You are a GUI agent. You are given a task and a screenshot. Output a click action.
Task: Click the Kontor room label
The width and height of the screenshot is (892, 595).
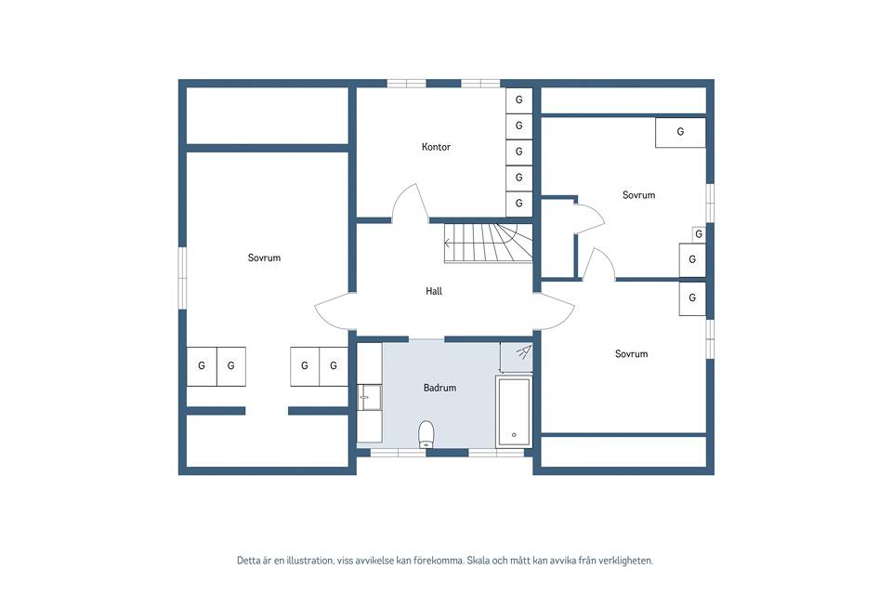coord(436,147)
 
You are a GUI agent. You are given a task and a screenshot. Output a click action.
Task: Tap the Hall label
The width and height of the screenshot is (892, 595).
coord(434,291)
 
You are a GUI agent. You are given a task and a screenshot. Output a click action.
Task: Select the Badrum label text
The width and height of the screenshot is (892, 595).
coord(439,388)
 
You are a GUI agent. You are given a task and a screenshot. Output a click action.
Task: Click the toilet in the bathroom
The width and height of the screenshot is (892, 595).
coord(426,435)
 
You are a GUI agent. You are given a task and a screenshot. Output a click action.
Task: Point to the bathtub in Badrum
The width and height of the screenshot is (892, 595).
coord(514,411)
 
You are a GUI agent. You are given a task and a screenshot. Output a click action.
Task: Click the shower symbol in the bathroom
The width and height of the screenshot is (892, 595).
coord(524,351)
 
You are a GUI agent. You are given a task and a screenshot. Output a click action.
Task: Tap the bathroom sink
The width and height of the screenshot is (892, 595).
coord(369,397)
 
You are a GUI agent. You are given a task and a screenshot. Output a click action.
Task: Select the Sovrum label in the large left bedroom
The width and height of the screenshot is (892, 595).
coord(264,258)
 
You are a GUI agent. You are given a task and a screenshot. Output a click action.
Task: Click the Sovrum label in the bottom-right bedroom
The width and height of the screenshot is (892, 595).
coord(632,353)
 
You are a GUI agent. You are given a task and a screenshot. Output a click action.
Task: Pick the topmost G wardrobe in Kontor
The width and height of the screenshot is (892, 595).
coord(518,99)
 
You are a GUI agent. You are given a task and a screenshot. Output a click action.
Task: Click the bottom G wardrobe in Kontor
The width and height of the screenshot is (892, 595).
coord(518,204)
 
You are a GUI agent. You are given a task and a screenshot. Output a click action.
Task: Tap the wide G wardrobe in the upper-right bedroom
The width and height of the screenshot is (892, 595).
coord(680,132)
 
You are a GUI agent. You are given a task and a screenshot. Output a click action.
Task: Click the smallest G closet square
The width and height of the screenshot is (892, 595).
coord(699,233)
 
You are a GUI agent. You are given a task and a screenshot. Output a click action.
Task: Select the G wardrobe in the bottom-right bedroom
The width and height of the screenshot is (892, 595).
coord(692,297)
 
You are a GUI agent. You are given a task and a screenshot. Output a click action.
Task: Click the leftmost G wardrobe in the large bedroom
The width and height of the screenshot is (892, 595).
coord(202,366)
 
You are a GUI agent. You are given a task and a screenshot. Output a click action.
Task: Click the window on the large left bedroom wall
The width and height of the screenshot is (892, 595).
coord(182,278)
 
